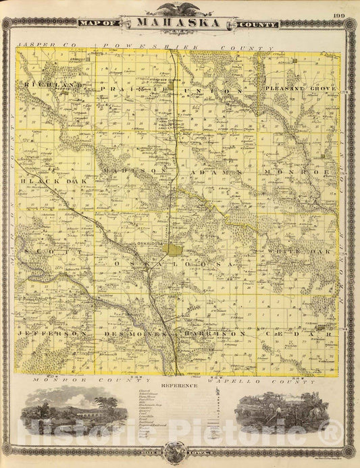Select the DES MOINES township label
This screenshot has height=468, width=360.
pos(134,334)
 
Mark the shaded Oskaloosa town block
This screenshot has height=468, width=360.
pos(171,250)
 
